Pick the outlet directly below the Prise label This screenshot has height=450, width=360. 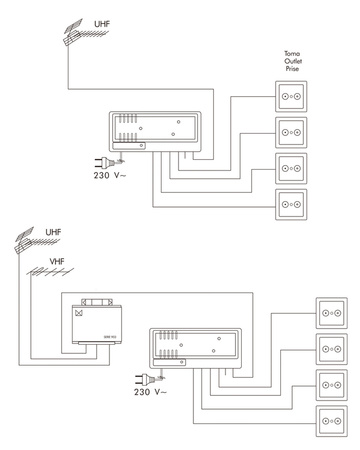291,99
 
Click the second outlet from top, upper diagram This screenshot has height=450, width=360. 291,131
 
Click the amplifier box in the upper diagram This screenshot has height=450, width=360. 156,131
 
